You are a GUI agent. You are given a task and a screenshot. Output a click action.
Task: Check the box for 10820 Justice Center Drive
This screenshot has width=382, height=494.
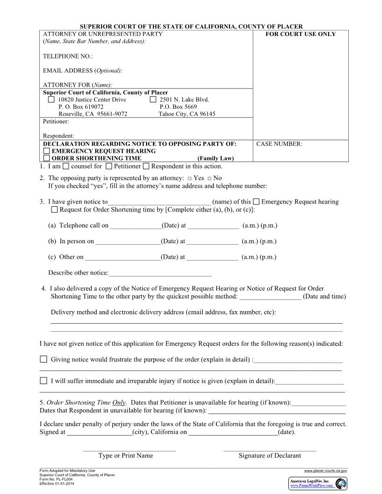click(x=51, y=100)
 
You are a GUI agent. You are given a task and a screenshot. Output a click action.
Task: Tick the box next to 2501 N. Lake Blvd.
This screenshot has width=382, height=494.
click(x=153, y=100)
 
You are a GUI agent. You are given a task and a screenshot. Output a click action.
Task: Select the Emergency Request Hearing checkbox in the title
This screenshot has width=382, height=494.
click(x=46, y=151)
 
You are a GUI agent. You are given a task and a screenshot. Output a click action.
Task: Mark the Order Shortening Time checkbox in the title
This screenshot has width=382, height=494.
click(x=46, y=158)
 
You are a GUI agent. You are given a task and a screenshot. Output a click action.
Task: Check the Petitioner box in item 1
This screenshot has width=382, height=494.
click(x=109, y=166)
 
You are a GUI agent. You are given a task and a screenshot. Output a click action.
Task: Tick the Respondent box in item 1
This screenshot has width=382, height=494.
click(x=146, y=166)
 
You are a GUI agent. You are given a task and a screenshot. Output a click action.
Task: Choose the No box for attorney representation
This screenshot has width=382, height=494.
click(x=209, y=178)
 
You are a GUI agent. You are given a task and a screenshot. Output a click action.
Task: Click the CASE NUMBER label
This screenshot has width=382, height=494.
click(x=279, y=144)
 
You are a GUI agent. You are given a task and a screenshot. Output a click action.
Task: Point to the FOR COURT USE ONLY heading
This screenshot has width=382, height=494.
click(x=301, y=34)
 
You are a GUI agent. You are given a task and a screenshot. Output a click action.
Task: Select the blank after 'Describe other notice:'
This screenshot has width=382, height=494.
click(x=160, y=274)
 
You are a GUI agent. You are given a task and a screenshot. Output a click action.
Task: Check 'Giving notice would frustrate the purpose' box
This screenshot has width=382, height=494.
click(x=44, y=359)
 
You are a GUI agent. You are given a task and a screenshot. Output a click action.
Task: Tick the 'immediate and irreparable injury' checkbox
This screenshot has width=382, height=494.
click(x=44, y=380)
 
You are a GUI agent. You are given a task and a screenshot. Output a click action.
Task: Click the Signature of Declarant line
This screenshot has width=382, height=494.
click(x=270, y=450)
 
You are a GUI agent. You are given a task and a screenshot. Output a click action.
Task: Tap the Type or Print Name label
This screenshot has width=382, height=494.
click(x=125, y=456)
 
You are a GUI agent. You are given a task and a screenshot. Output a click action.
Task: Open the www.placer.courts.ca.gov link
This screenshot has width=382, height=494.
click(x=325, y=471)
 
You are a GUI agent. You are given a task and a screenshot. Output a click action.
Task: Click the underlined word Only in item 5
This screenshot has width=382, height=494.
click(x=118, y=402)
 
